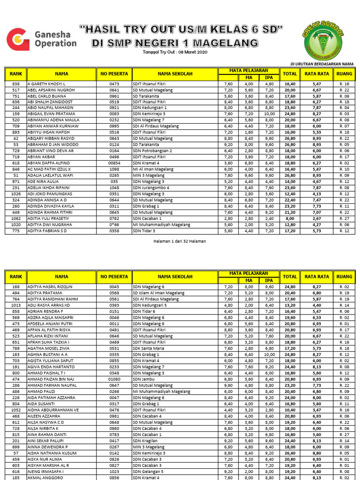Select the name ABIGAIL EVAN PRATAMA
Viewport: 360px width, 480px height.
51,113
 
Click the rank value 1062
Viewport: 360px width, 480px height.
16,218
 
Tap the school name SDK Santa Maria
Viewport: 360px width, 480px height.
148,349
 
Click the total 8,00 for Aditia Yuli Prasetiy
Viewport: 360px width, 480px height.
290,218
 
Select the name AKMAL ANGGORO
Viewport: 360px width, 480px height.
44,477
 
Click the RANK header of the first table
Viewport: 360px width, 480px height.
16,74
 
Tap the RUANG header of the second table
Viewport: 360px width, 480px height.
345,277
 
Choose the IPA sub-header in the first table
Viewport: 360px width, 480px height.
269,77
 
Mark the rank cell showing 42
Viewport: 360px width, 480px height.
16,138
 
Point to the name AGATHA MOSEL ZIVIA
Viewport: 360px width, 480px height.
49,349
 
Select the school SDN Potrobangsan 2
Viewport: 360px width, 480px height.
152,150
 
